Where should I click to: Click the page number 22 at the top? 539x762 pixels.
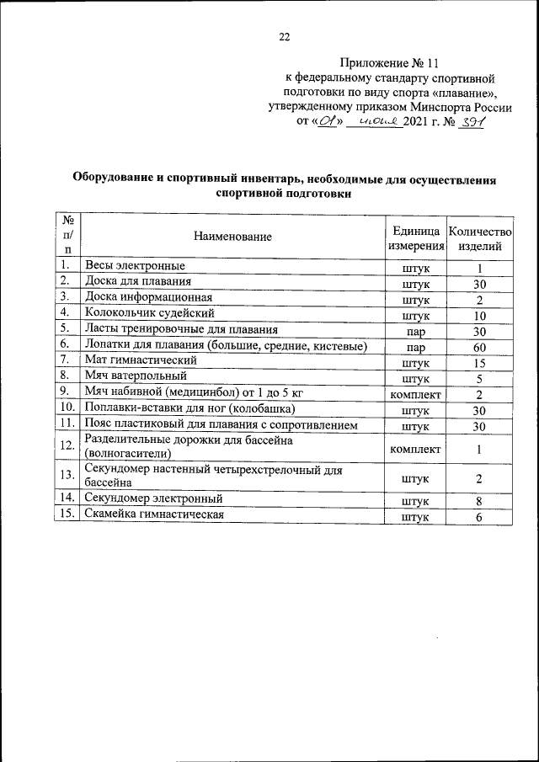pos(284,36)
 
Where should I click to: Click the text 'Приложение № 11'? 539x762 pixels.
pos(390,62)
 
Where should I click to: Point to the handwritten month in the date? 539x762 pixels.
pos(376,122)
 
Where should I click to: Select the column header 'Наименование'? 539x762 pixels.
pos(232,237)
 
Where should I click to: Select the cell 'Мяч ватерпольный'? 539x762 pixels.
pos(130,376)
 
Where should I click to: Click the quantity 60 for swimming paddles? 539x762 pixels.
pos(479,346)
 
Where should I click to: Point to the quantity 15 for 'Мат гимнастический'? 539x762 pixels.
pos(479,362)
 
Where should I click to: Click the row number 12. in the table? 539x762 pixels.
pos(67,445)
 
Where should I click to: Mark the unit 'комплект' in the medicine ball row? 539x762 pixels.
pos(415,393)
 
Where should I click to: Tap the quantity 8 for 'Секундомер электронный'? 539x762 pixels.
pos(478,501)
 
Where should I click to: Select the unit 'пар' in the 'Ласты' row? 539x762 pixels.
pos(415,331)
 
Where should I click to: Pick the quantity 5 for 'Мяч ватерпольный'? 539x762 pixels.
pos(478,378)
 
